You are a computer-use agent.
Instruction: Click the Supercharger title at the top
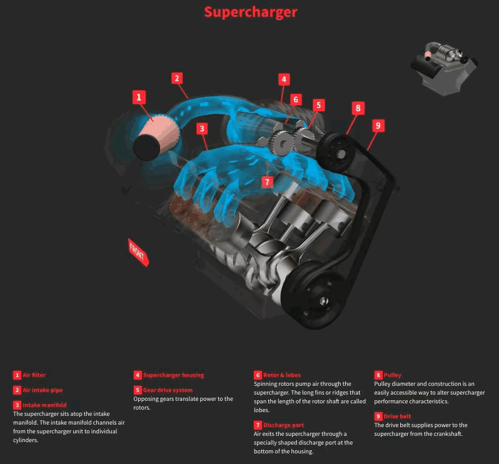pos(250,12)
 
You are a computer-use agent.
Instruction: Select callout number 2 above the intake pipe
pos(178,78)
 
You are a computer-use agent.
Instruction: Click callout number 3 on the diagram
pos(201,129)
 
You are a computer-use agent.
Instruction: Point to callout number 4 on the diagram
pos(284,79)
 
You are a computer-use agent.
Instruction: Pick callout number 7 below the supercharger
pos(267,181)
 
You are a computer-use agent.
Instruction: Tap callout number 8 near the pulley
pos(358,108)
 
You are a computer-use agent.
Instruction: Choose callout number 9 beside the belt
pos(377,125)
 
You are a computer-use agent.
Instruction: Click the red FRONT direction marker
pos(138,251)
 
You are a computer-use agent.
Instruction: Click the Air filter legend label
pos(34,375)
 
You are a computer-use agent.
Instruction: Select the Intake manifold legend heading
pos(44,405)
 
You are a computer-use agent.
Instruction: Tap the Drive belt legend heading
pos(396,416)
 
